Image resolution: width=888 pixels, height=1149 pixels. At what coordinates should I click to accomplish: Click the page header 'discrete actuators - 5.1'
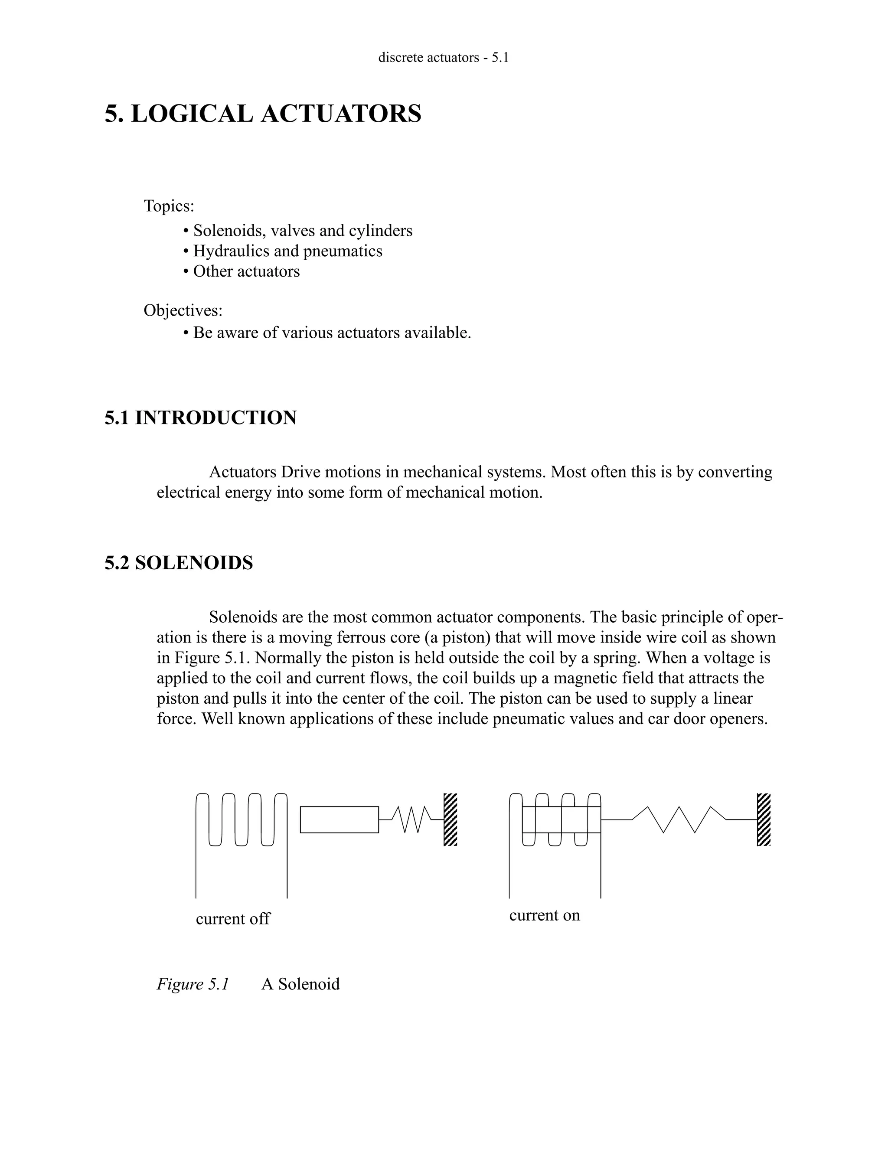pyautogui.click(x=444, y=57)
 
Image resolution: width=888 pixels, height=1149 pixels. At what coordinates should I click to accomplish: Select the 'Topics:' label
pyautogui.click(x=169, y=206)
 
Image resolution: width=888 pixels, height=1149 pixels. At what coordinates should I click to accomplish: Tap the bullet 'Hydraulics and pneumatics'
pyautogui.click(x=287, y=251)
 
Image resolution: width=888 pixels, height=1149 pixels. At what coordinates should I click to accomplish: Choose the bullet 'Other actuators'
pyautogui.click(x=246, y=271)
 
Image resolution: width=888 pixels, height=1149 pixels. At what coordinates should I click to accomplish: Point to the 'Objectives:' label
pyautogui.click(x=183, y=310)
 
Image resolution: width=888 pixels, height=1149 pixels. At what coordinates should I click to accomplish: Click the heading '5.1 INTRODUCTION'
pyautogui.click(x=200, y=418)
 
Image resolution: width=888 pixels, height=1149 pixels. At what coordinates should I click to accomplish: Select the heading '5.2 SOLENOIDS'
pyautogui.click(x=179, y=563)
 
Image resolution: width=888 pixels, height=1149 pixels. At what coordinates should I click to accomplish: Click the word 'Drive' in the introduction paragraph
pyautogui.click(x=300, y=472)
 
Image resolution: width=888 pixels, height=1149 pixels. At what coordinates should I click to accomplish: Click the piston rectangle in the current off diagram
pyautogui.click(x=340, y=819)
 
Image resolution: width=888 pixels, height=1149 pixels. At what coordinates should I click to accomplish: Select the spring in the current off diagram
pyautogui.click(x=411, y=819)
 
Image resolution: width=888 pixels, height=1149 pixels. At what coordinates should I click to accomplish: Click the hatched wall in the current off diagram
pyautogui.click(x=451, y=819)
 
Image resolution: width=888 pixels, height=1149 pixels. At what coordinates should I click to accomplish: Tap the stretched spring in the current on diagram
pyautogui.click(x=679, y=819)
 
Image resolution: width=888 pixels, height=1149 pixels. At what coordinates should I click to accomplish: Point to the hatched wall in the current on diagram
pyautogui.click(x=764, y=819)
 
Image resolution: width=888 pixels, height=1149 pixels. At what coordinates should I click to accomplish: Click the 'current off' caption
pyautogui.click(x=232, y=919)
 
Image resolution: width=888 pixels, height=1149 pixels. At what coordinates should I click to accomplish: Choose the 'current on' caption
pyautogui.click(x=545, y=915)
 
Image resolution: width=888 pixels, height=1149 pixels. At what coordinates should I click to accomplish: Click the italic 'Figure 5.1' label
pyautogui.click(x=193, y=984)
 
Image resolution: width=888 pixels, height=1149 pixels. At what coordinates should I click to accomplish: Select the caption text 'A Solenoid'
pyautogui.click(x=300, y=984)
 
